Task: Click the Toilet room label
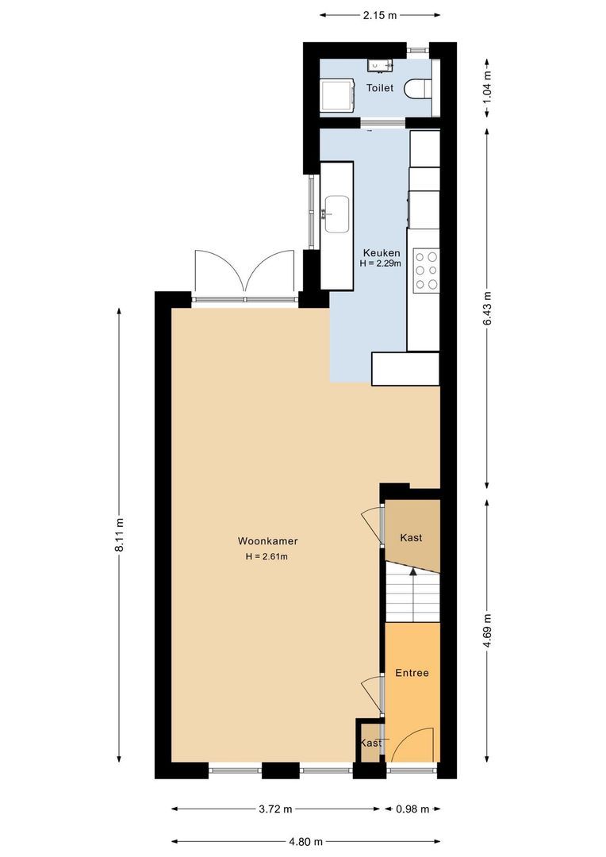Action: [x=379, y=88]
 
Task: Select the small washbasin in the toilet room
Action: [x=375, y=65]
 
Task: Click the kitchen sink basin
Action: [x=336, y=214]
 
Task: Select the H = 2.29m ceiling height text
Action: [x=380, y=263]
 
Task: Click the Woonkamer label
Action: [x=267, y=541]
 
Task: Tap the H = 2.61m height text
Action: [x=267, y=556]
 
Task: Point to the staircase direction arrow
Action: [x=412, y=571]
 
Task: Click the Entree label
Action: [x=412, y=673]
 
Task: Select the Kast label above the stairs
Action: [x=411, y=537]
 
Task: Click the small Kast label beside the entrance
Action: [x=370, y=744]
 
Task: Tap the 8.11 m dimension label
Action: [x=119, y=535]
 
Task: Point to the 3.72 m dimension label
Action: [x=276, y=809]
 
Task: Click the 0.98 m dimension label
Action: [x=412, y=809]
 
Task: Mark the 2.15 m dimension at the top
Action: [x=380, y=14]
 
